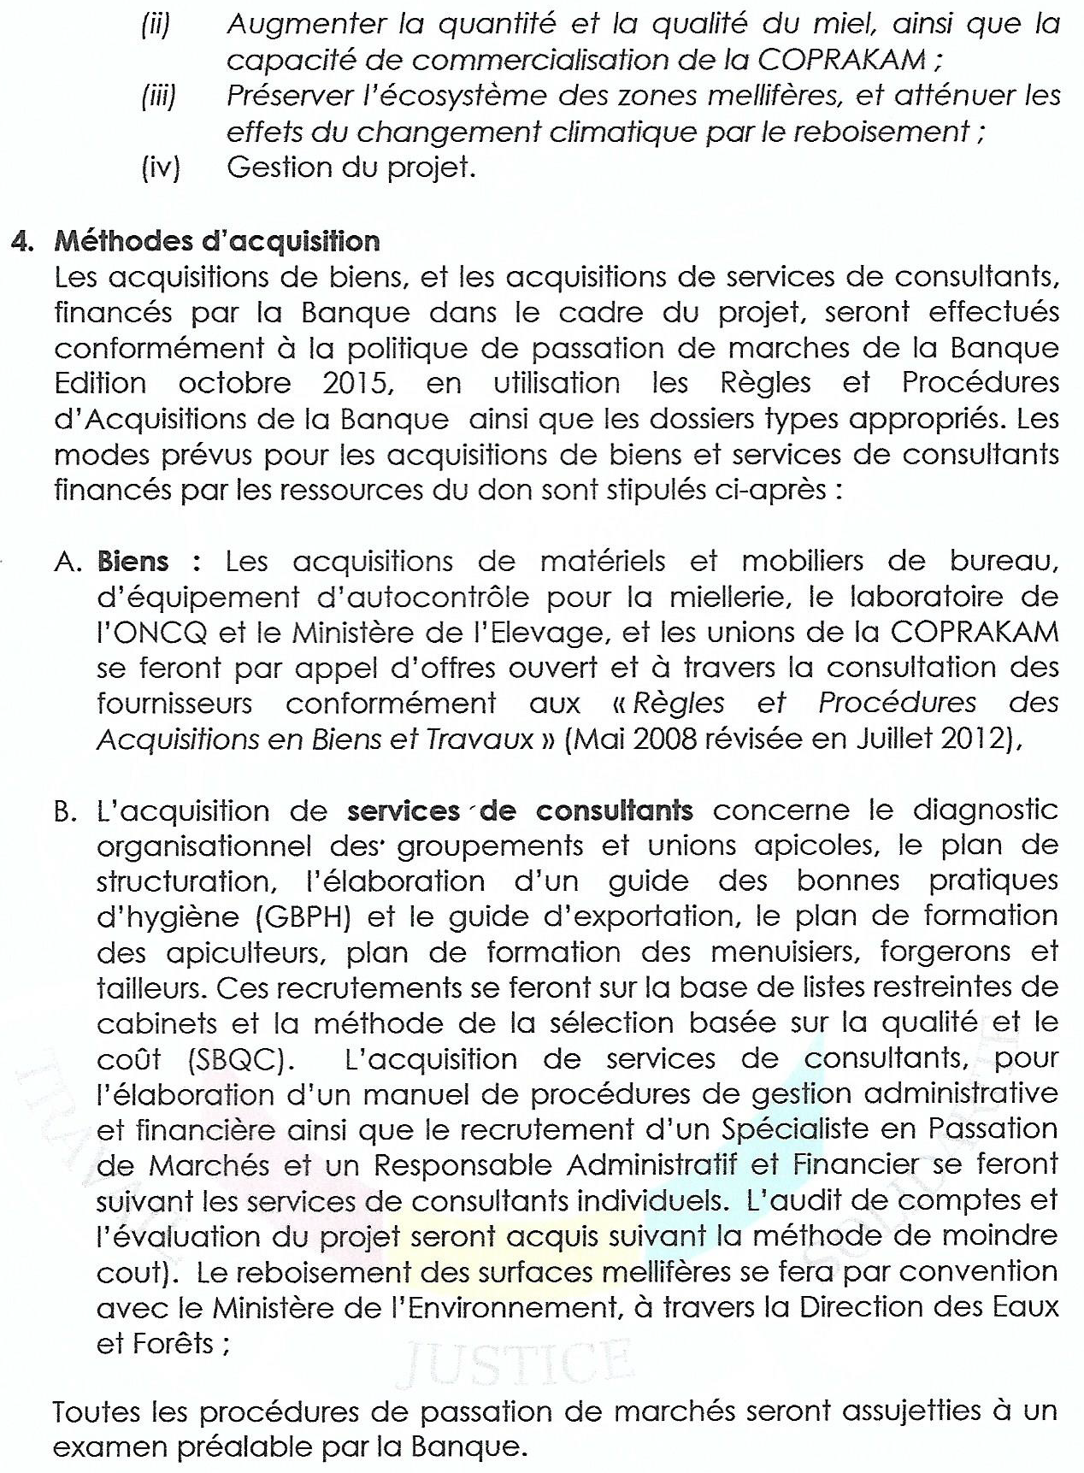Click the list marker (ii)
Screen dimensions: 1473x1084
(x=156, y=23)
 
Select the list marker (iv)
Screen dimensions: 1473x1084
(x=161, y=167)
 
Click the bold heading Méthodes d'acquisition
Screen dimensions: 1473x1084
(x=216, y=241)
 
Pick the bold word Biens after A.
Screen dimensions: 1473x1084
(x=133, y=562)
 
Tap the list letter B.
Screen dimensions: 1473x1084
(x=65, y=810)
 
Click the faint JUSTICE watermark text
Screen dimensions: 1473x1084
(x=514, y=1361)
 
